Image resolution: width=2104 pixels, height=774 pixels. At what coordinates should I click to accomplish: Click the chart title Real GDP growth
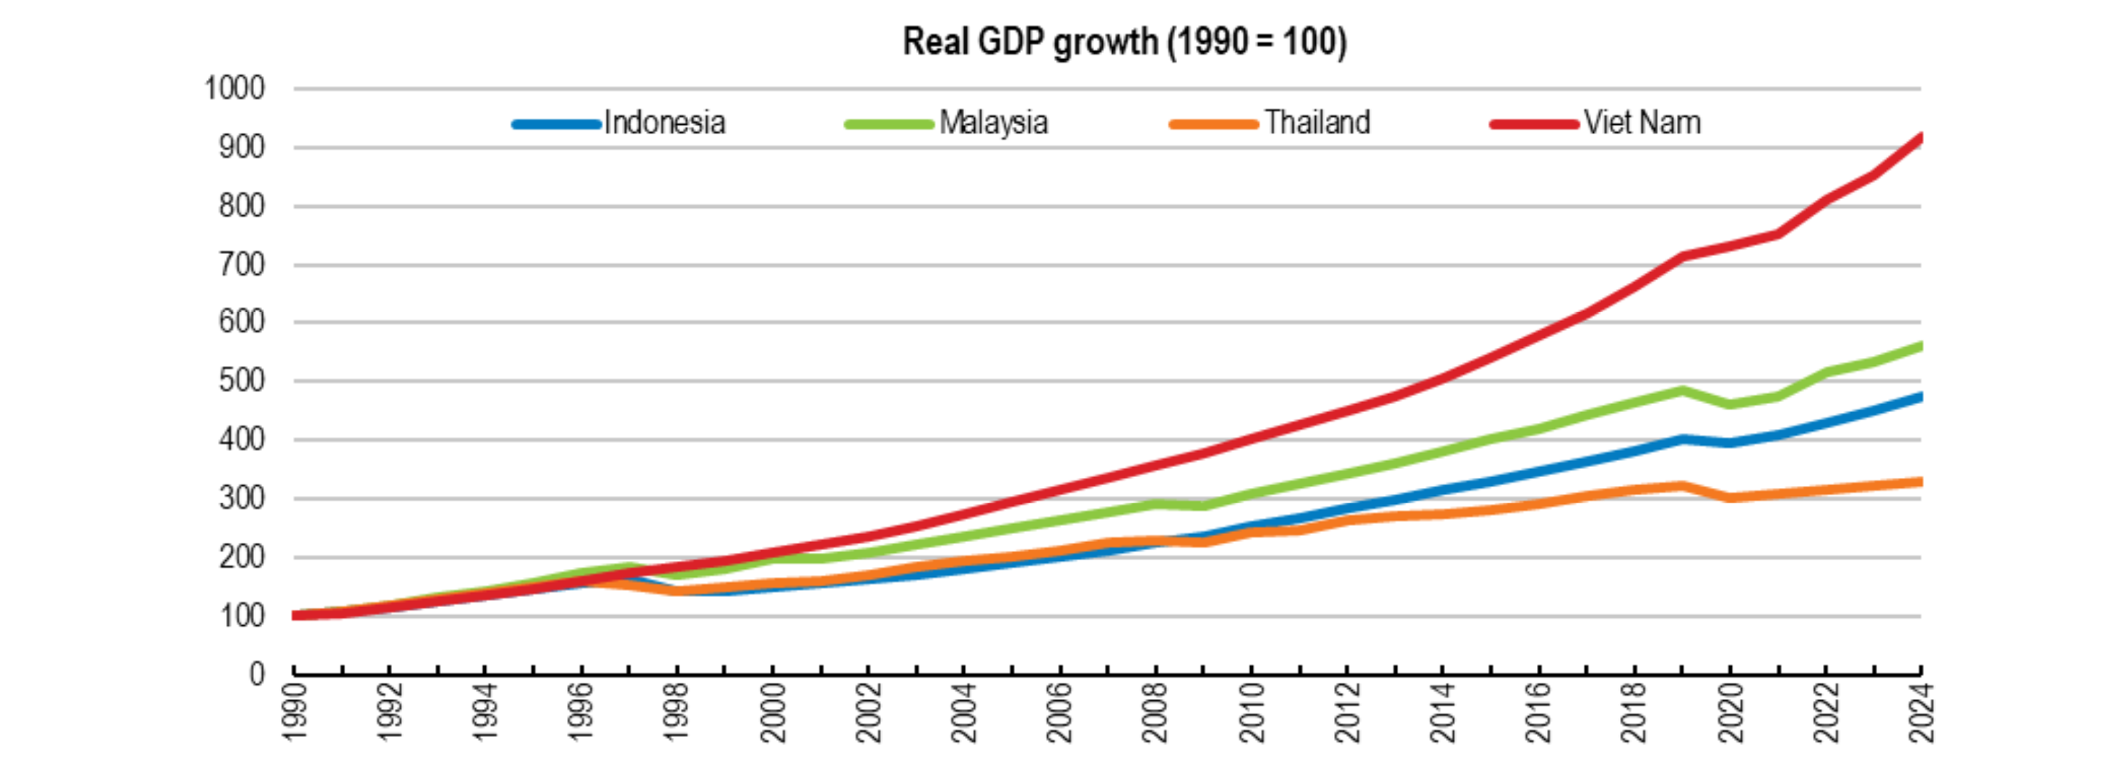pos(1124,42)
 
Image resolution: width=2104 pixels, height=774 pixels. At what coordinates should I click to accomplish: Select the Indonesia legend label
pos(664,123)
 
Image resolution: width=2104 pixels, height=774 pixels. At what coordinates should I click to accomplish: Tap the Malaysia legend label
pos(993,123)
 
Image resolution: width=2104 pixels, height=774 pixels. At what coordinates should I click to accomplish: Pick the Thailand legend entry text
pos(1317,123)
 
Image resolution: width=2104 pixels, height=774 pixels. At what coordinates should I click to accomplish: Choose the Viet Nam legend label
pos(1642,123)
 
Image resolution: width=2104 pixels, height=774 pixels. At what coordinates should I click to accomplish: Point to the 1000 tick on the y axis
pos(234,88)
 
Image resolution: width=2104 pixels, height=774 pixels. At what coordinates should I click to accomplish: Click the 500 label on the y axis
pos(242,382)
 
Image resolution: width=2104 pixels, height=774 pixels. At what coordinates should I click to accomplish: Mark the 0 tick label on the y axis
pos(258,674)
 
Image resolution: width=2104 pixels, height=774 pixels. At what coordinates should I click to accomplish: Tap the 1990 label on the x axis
pos(294,713)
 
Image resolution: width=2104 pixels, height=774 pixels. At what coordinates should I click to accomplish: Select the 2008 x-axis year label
pos(1155,713)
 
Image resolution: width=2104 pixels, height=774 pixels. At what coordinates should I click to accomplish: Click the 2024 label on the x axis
pos(1920,713)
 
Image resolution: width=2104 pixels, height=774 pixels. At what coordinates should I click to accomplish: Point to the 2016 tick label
pos(1538,713)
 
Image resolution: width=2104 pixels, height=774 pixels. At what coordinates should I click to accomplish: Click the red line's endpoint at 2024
pos(1919,137)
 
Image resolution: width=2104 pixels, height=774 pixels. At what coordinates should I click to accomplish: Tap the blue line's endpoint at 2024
pos(1919,397)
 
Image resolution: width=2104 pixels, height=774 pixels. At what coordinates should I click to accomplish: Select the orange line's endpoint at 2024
pos(1919,481)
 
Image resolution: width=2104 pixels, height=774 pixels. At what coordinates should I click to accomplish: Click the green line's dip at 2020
pos(1729,404)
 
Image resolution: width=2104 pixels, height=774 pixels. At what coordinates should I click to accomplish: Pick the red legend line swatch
pos(1534,124)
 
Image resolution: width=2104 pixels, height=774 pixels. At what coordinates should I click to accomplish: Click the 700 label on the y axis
pos(242,265)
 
